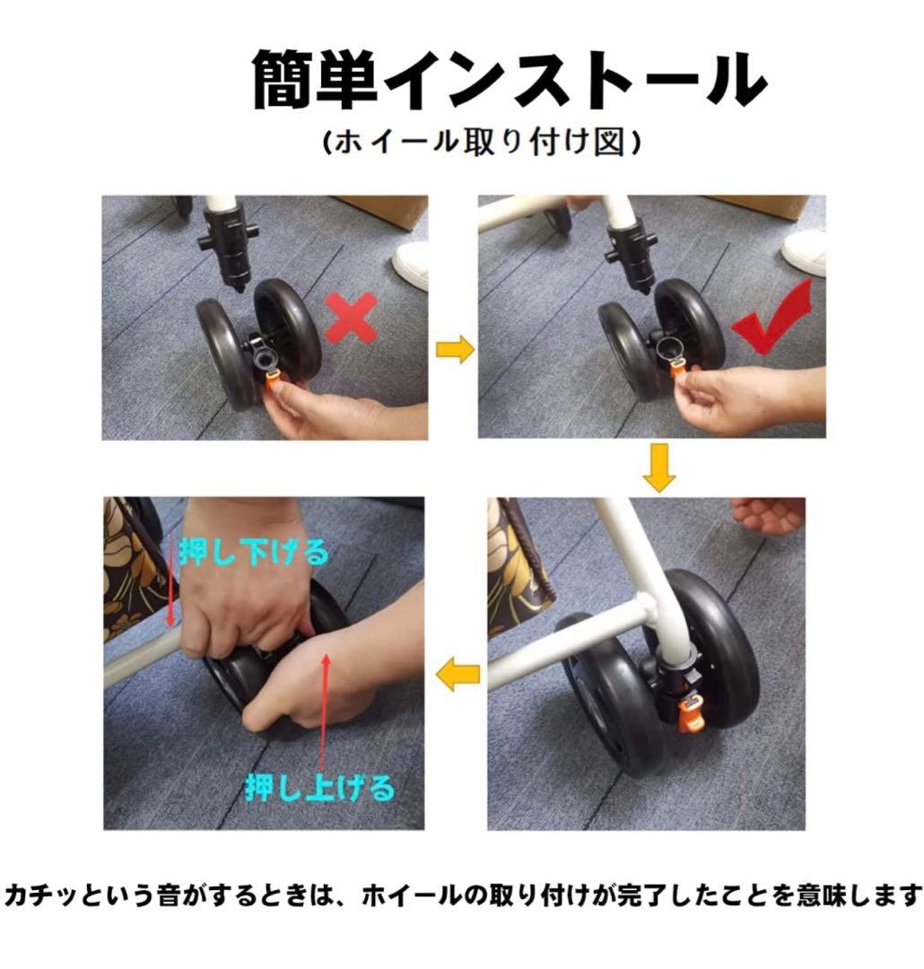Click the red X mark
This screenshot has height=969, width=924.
point(350,319)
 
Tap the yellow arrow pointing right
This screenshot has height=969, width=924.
point(453,350)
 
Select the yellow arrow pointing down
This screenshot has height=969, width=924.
point(659,470)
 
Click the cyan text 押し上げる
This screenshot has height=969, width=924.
point(320,788)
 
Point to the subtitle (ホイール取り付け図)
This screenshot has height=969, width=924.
point(484,144)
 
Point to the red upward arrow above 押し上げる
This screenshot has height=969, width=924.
point(325,709)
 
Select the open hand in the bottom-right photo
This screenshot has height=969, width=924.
point(767,514)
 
